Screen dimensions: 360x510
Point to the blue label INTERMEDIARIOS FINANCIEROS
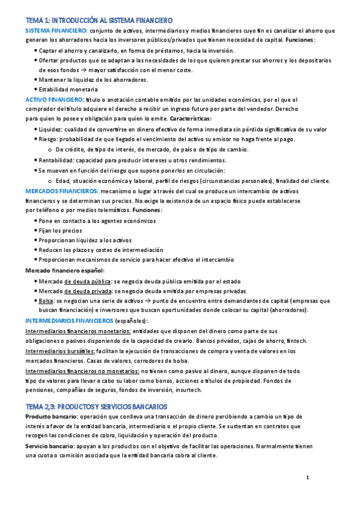[69, 321]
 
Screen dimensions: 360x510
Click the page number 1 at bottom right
[307, 478]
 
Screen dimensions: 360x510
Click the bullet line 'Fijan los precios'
[61, 230]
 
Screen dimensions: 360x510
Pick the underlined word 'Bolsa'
[46, 300]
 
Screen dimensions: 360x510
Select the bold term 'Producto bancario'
[50, 416]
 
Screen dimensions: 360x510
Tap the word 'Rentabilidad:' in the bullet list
[56, 160]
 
